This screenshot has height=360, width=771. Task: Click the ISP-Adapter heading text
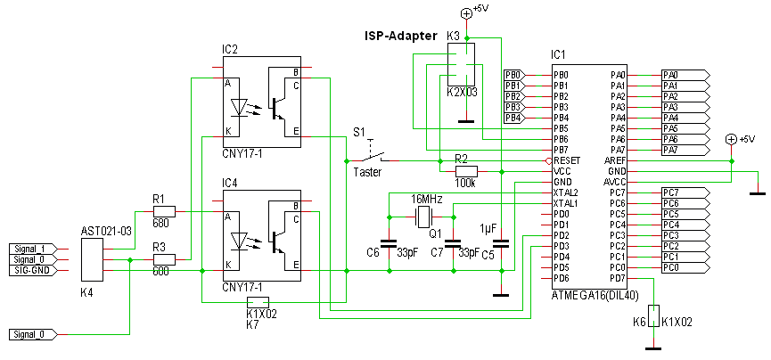click(x=400, y=37)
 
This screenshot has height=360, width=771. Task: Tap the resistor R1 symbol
click(x=164, y=212)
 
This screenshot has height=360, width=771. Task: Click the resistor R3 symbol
click(x=164, y=260)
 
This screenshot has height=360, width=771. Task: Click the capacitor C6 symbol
click(x=388, y=241)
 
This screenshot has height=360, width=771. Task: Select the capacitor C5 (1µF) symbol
click(x=501, y=241)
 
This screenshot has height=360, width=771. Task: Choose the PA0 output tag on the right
click(x=684, y=75)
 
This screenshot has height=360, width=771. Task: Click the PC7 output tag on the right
click(x=684, y=192)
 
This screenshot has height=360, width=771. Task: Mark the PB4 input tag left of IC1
click(x=514, y=118)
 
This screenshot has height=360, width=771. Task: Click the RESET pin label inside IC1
click(x=567, y=160)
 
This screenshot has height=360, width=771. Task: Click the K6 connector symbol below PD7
click(x=655, y=316)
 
